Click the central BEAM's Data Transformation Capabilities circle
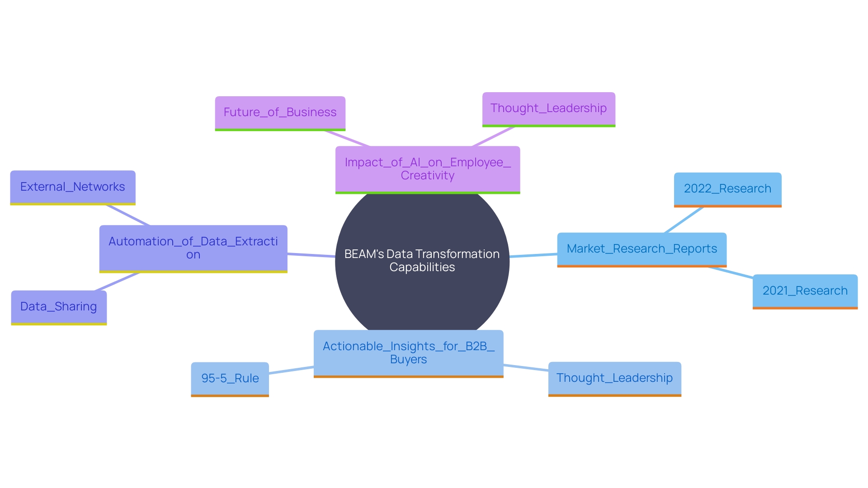click(x=422, y=294)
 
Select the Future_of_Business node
click(x=280, y=113)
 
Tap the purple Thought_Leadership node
click(x=548, y=109)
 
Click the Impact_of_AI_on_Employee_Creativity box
click(x=427, y=169)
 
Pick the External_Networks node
click(x=72, y=187)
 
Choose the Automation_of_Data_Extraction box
click(x=193, y=248)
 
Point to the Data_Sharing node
click(x=59, y=307)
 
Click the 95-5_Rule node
click(x=230, y=379)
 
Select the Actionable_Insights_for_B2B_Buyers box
click(x=408, y=353)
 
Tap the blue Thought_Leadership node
click(x=614, y=378)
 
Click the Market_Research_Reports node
click(x=642, y=249)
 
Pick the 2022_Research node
click(x=727, y=189)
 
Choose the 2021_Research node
click(x=805, y=291)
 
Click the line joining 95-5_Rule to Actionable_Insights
click(x=291, y=370)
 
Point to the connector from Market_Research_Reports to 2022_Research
click(x=684, y=220)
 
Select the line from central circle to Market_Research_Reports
click(x=533, y=255)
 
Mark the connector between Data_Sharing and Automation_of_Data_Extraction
click(x=117, y=282)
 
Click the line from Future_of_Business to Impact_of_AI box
click(x=347, y=138)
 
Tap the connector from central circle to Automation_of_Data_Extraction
click(x=311, y=255)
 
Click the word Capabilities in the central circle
click(x=422, y=267)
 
